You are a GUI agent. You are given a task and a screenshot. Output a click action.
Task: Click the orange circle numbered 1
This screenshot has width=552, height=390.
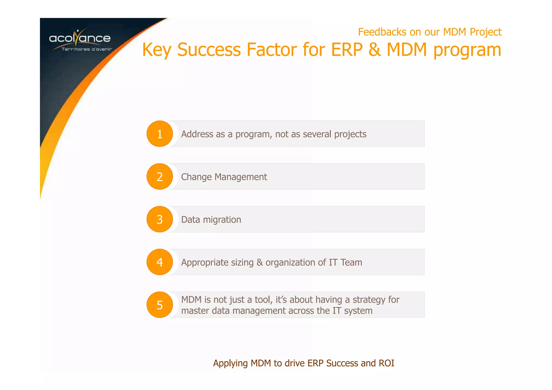click(x=160, y=134)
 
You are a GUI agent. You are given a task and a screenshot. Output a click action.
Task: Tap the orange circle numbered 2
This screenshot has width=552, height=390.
click(x=160, y=177)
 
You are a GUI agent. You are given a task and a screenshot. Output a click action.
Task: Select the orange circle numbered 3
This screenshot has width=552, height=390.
click(x=160, y=219)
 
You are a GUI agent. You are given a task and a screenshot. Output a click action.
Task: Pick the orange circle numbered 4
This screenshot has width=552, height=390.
click(x=160, y=262)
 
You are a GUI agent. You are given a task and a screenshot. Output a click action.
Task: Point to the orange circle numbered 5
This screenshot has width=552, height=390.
click(x=160, y=305)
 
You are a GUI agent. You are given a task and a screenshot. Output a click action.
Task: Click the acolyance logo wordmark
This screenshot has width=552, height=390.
click(x=80, y=38)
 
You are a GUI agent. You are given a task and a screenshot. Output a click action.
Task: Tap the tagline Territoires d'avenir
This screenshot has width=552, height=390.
click(x=87, y=49)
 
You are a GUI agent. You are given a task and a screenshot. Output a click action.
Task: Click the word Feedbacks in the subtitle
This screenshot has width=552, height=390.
click(x=382, y=32)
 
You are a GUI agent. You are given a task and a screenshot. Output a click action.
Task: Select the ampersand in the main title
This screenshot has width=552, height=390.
click(x=374, y=50)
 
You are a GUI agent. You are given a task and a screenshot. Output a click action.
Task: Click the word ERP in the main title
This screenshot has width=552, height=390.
click(x=347, y=50)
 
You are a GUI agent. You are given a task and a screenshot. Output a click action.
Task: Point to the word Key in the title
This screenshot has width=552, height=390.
click(x=157, y=50)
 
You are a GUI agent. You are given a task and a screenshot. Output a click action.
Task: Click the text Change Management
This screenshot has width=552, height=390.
click(x=224, y=177)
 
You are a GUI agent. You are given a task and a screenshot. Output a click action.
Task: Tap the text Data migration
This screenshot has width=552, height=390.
click(x=211, y=220)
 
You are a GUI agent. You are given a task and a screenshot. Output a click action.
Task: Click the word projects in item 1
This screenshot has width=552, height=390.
click(x=350, y=134)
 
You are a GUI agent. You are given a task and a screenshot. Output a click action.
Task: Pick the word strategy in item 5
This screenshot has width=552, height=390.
click(x=369, y=300)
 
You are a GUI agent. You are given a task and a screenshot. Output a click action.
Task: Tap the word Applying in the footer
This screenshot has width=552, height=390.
click(x=230, y=363)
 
